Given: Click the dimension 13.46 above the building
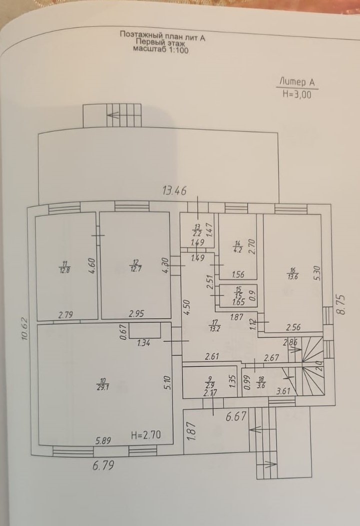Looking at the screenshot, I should click(175, 190).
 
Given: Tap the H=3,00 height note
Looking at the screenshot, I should click(296, 94).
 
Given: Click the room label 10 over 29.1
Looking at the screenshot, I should click(104, 384).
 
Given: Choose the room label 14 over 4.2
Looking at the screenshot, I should click(238, 246).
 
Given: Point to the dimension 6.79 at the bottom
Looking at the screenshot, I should click(103, 465).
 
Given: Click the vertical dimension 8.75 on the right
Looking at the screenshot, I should click(342, 303).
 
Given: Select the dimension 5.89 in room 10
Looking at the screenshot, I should click(103, 441).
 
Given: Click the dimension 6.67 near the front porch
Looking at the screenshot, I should click(235, 416).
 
